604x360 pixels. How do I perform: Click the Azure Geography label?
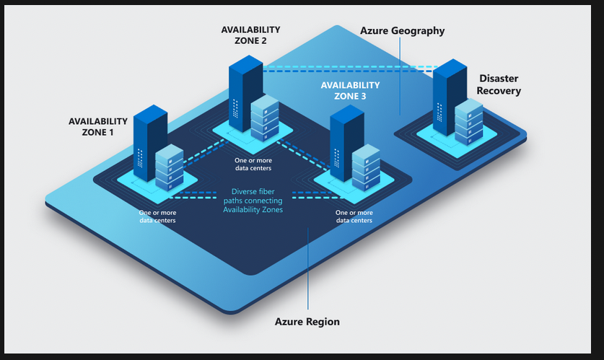402,31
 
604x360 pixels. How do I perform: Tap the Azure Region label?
307,321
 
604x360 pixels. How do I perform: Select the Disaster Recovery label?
499,84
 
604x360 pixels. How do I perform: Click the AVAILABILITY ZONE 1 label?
98,127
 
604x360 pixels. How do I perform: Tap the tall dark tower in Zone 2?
245,90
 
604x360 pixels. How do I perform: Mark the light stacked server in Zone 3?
365,168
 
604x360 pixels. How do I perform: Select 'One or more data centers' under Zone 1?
157,216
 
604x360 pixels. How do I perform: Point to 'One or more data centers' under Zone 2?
253,164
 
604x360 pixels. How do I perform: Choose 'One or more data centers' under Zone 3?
354,216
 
